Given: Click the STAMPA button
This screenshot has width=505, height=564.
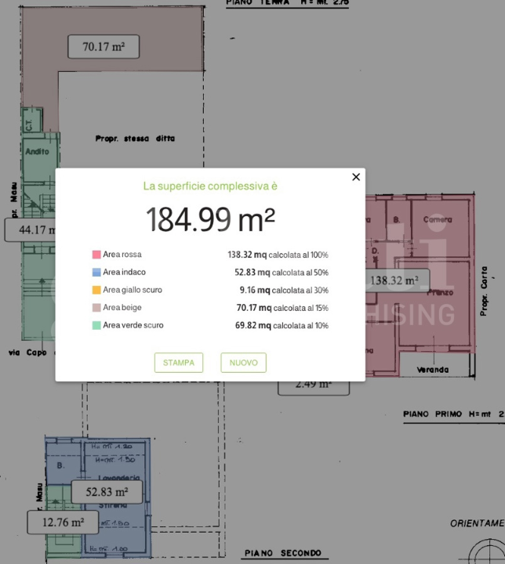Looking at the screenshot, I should pos(179,363).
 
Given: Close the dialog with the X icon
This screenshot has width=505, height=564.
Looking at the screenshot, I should pos(356,177).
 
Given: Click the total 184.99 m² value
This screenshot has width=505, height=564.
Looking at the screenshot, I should pos(210,220).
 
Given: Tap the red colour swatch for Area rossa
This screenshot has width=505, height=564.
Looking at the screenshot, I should pos(96,255).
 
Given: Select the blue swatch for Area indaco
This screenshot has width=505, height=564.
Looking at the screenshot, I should pos(96,273).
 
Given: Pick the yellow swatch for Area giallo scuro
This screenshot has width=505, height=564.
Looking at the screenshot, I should pos(96,290).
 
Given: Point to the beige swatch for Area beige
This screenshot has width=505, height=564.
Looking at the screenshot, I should pos(96,308).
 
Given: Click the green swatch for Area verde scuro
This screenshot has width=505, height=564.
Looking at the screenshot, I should pos(96,325).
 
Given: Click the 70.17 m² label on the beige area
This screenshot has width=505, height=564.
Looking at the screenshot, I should pos(104,47).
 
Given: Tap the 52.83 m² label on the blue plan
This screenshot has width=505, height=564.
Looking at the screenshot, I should pos(107,492).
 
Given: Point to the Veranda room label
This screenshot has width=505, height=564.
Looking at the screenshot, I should pos(433,369).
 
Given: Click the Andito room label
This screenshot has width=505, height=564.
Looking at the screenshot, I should pos(37,151).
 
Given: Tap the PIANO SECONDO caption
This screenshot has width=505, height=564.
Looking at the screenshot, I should pos(282,553).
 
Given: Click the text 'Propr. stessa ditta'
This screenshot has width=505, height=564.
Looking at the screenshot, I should pos(135,139).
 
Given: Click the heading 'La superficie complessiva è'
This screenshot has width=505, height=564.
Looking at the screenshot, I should pos(210,186).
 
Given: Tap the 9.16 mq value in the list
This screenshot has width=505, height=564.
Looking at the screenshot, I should pos(252,290).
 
